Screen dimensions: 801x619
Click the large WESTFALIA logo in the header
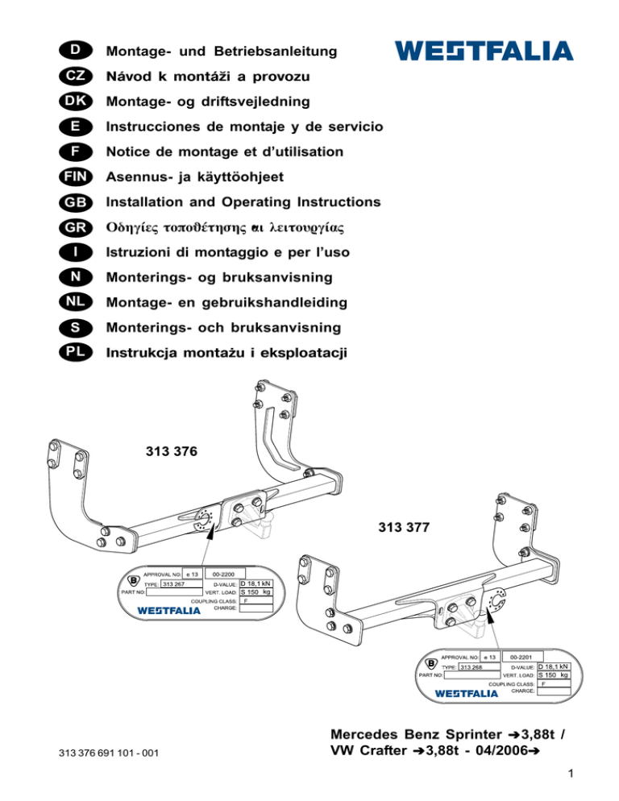pos(484,51)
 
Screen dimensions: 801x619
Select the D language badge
pos(73,51)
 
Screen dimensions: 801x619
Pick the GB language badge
pos(73,201)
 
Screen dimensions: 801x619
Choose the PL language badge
pos(73,353)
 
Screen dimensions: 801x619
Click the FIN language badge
pos(73,176)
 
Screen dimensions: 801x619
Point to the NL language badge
pos(73,302)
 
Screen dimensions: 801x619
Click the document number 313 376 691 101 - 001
pos(109,753)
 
